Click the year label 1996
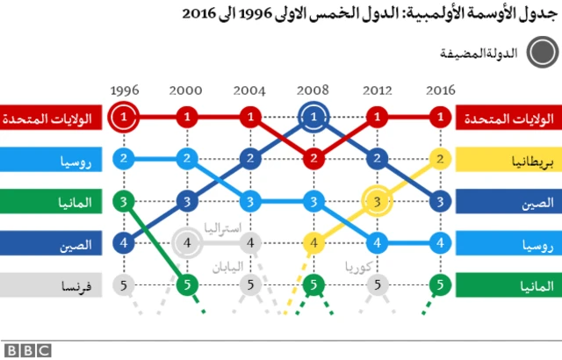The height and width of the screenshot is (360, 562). click(125, 90)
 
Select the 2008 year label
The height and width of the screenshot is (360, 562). click(313, 90)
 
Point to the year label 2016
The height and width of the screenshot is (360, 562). click(440, 90)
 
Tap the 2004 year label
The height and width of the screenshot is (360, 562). click(250, 90)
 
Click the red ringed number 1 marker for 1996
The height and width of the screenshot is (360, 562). click(125, 116)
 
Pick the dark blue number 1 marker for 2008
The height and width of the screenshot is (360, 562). click(313, 116)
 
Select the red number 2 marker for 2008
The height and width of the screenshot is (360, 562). click(313, 159)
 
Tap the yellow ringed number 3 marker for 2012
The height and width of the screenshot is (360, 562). click(377, 201)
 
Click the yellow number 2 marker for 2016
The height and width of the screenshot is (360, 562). click(440, 159)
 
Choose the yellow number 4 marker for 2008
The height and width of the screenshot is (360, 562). click(313, 242)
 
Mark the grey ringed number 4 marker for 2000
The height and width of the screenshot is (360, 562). click(187, 242)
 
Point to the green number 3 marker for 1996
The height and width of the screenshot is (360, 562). click(125, 201)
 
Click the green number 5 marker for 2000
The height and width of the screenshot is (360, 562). click(187, 284)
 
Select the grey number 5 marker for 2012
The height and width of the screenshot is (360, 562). click(377, 284)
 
